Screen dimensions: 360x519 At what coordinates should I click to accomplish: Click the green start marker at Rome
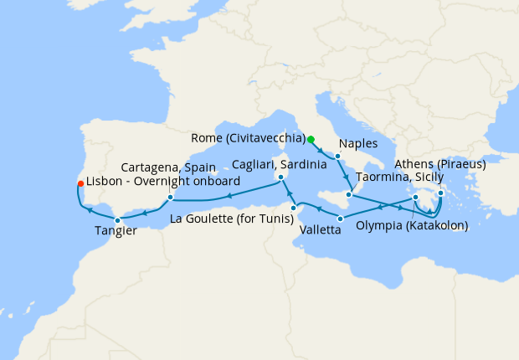311,139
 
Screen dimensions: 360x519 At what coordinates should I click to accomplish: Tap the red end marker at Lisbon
80,183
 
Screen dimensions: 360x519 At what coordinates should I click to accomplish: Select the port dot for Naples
337,157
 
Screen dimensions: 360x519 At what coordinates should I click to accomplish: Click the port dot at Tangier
117,219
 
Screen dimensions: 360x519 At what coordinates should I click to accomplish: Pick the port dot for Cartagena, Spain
170,198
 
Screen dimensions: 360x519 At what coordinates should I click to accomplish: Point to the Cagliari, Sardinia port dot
281,177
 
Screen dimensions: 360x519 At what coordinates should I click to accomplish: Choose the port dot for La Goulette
294,208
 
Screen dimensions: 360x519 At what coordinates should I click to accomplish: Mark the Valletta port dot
340,219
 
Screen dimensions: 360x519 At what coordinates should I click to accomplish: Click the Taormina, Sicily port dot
349,194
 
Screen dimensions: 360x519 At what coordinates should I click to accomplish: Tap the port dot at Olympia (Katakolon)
415,198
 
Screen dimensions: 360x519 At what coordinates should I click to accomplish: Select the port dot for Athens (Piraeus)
440,193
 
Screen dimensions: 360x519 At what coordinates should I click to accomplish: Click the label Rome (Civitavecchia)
248,138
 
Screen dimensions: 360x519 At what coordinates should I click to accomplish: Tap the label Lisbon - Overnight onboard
163,182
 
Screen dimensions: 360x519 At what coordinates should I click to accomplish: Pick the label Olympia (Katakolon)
411,224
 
